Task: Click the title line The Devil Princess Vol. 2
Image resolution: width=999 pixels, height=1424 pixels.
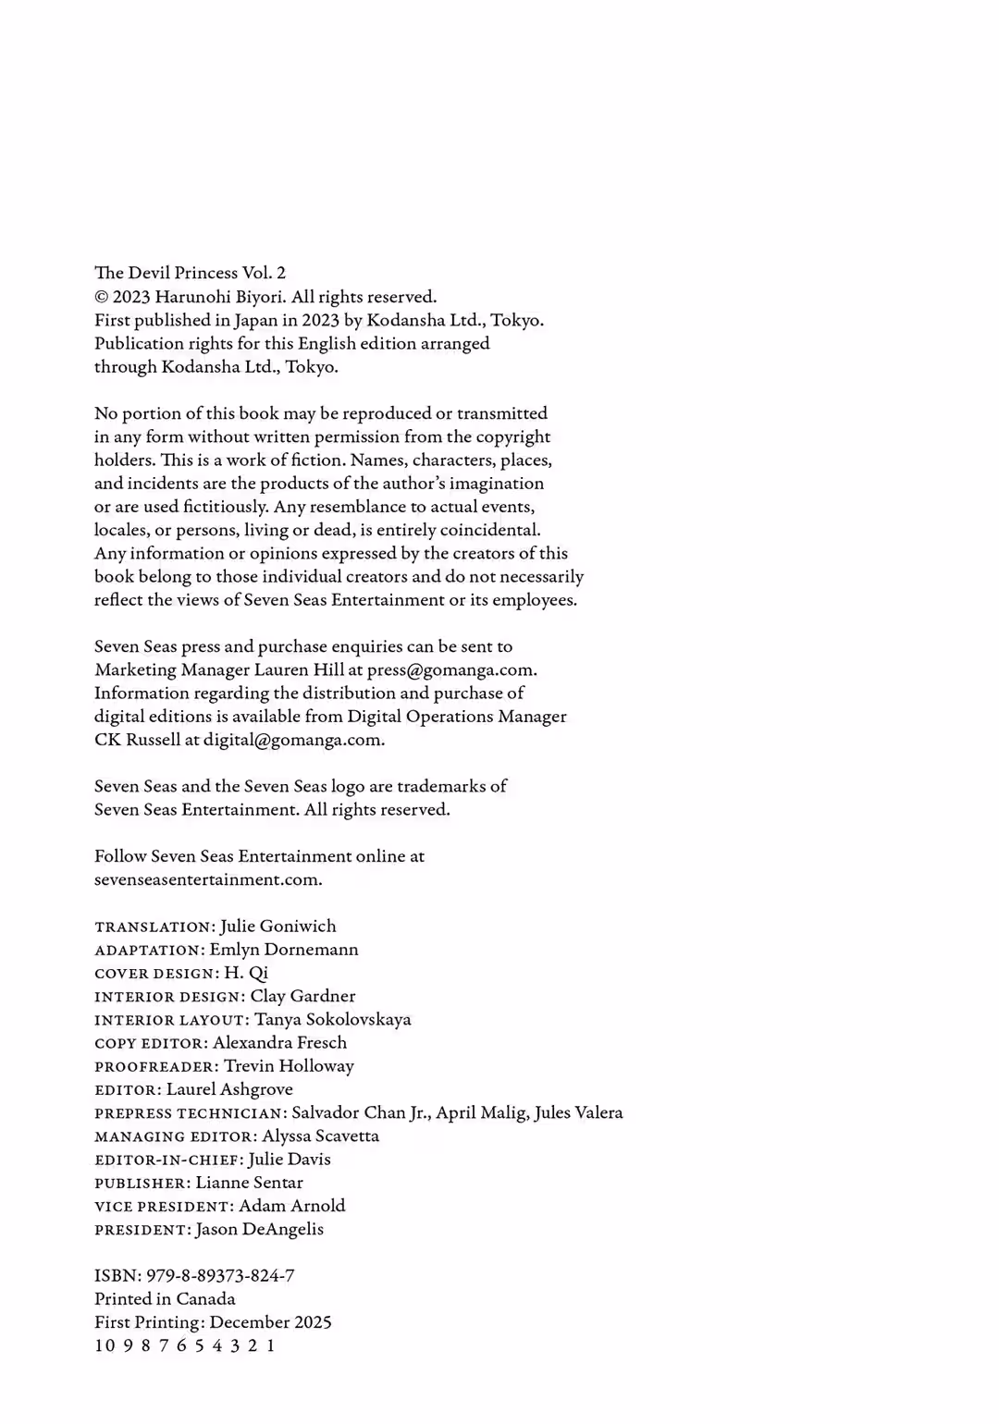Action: (190, 273)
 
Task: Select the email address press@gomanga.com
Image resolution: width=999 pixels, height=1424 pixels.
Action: (450, 669)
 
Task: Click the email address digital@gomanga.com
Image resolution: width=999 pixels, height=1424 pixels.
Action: (291, 740)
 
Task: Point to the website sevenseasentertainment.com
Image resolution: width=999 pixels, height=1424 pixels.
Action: (207, 879)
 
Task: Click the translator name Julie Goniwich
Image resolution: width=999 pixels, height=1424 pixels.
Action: (278, 926)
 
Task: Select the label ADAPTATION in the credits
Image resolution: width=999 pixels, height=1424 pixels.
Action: (147, 950)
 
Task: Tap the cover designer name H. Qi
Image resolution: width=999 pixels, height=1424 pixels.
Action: (246, 973)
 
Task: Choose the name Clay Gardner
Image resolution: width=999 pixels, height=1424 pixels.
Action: (302, 996)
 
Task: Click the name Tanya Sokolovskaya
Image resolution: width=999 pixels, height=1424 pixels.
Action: (332, 1019)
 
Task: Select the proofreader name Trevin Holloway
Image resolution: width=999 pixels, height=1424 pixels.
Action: (289, 1066)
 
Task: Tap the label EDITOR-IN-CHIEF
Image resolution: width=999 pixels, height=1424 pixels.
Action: (168, 1160)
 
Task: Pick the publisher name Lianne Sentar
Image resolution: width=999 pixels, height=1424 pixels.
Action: (249, 1183)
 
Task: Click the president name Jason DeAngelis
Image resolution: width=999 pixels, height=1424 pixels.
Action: (259, 1229)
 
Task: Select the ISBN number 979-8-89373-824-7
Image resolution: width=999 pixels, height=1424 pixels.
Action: (220, 1276)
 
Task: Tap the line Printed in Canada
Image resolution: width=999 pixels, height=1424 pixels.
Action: (165, 1299)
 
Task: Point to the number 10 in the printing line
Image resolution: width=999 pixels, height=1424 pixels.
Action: (105, 1345)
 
